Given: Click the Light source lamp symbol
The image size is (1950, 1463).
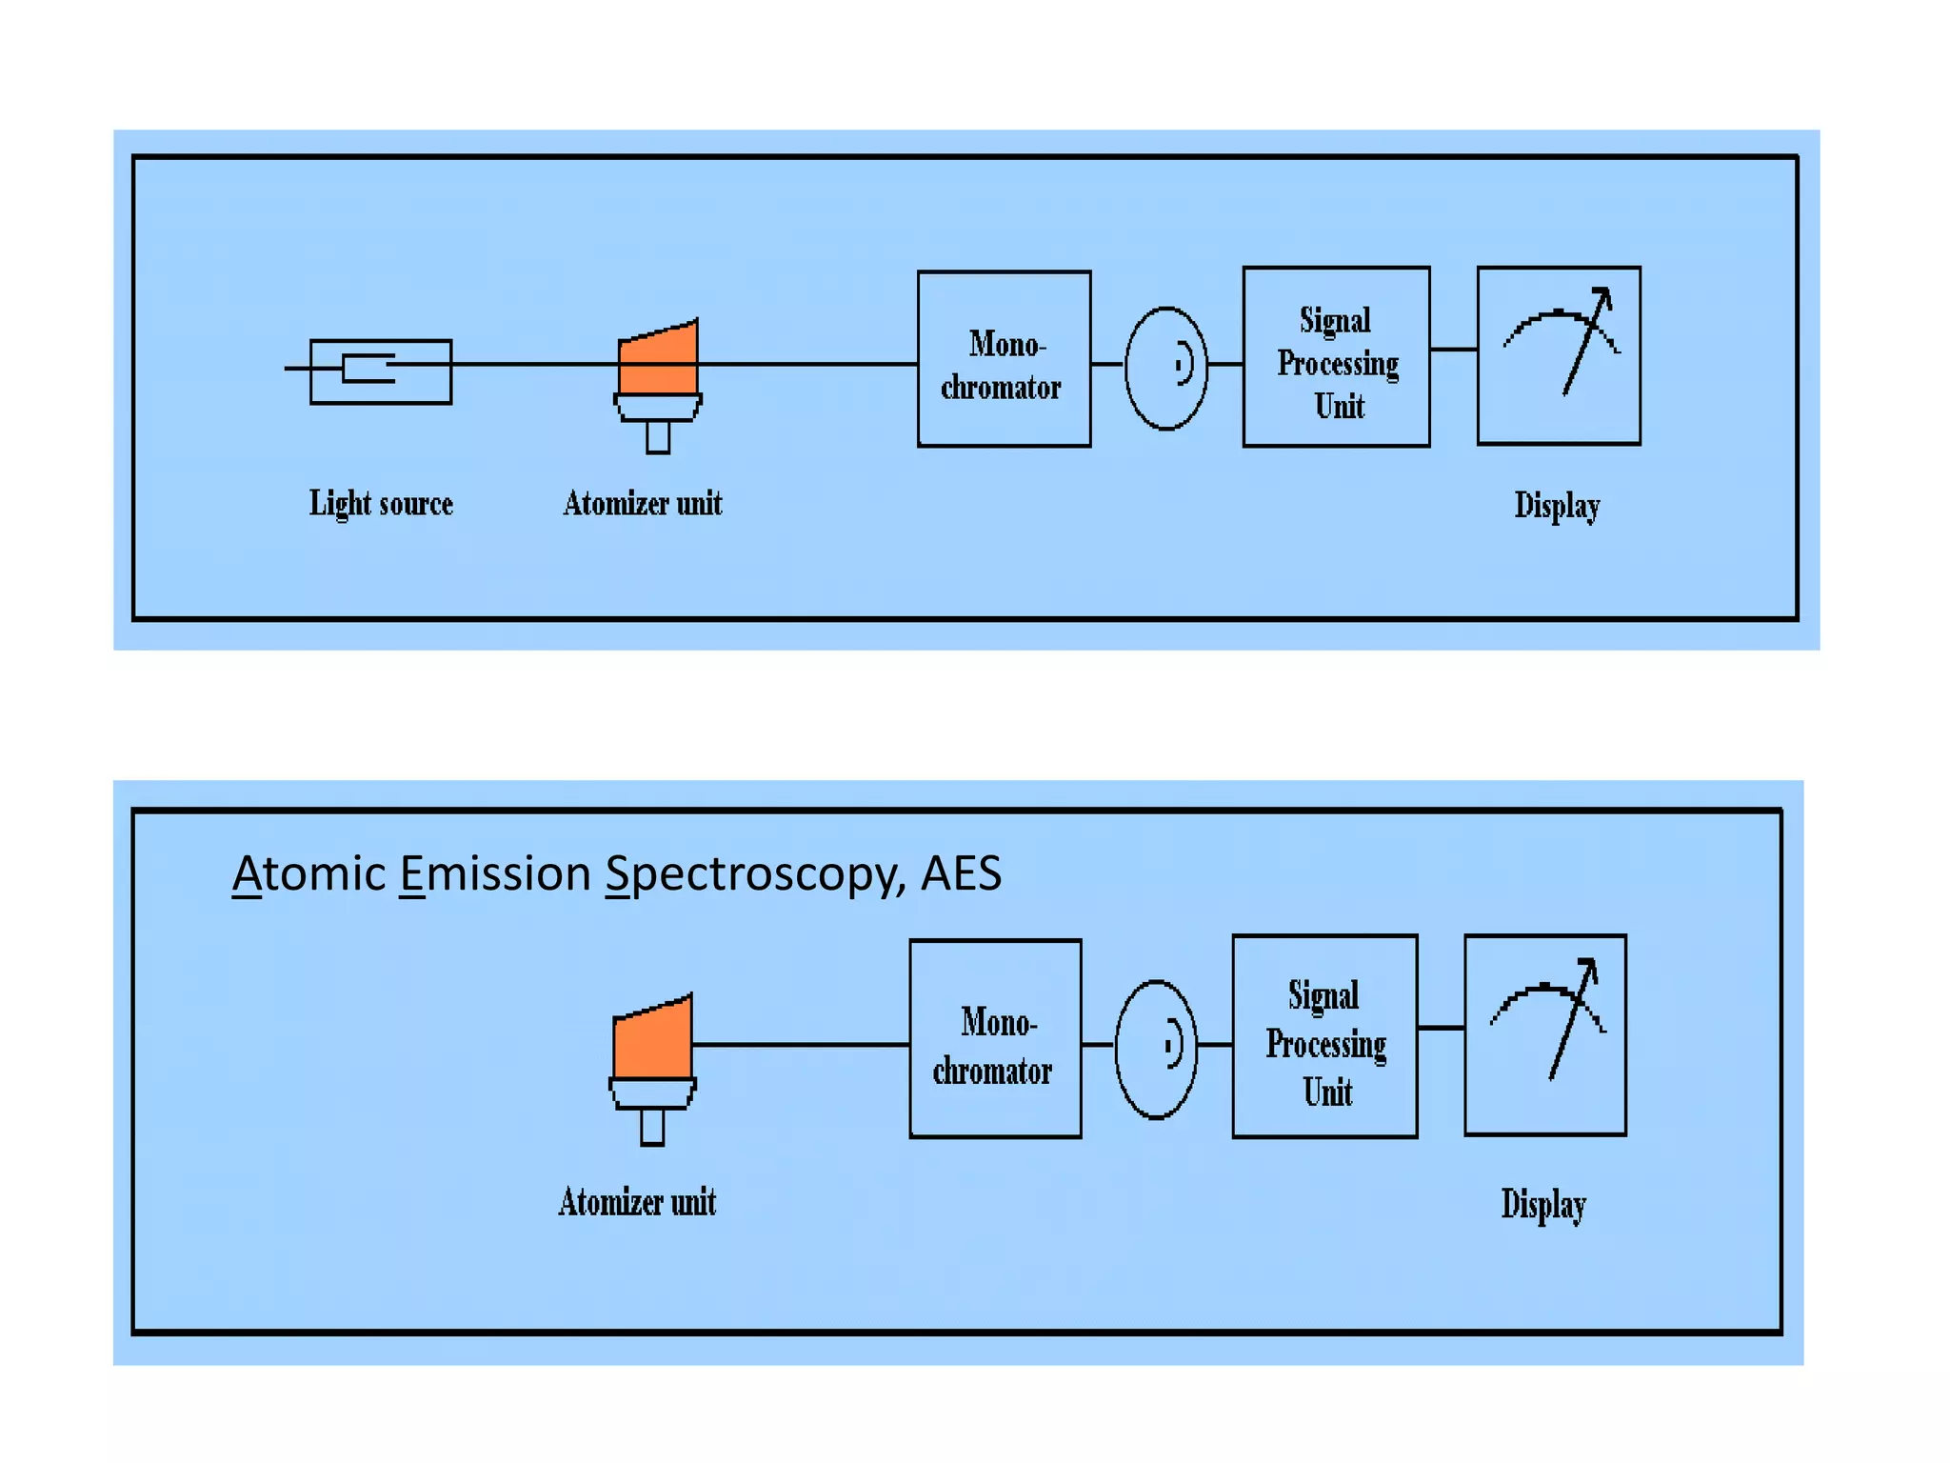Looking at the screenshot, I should (381, 371).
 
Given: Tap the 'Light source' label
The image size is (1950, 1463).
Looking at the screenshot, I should (381, 503).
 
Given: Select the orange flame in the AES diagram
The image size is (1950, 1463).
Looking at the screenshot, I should (652, 1039).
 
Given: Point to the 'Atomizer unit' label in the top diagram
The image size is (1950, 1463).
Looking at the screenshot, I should (643, 503).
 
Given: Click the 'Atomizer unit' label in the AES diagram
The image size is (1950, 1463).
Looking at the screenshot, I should (637, 1202).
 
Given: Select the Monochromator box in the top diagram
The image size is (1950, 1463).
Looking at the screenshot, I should (1004, 359).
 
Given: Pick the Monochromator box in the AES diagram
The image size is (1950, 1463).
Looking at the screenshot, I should (995, 1039).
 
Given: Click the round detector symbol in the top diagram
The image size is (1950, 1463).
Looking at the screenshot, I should (1165, 368).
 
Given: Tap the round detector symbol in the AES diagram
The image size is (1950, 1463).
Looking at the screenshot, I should (1155, 1049).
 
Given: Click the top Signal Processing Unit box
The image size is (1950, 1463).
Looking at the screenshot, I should (1336, 357).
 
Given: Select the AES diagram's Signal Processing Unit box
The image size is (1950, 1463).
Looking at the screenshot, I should (1324, 1036).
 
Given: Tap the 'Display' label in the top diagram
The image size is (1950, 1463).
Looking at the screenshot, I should (1557, 505).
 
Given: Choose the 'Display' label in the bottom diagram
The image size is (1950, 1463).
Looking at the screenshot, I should (1543, 1204).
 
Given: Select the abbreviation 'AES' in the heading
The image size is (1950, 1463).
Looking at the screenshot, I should (961, 873).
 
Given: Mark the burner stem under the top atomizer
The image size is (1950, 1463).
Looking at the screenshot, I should (658, 437).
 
